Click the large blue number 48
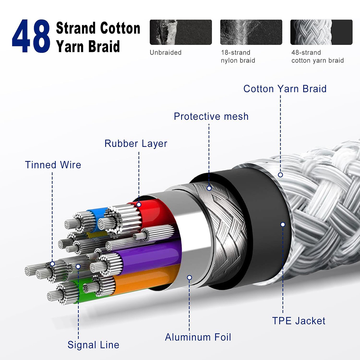tap(31, 36)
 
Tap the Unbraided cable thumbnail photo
tap(181, 32)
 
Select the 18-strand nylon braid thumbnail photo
tap(251, 32)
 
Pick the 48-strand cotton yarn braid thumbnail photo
tap(321, 32)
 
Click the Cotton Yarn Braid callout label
tap(285, 89)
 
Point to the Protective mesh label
tap(211, 116)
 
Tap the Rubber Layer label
tap(136, 144)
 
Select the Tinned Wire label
tap(53, 165)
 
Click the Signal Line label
tap(93, 345)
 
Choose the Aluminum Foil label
tap(198, 337)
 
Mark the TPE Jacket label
tap(299, 321)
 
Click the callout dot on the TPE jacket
tap(283, 225)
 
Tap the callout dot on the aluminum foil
tap(189, 278)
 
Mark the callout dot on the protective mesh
tap(209, 188)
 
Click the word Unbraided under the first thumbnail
tap(166, 52)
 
